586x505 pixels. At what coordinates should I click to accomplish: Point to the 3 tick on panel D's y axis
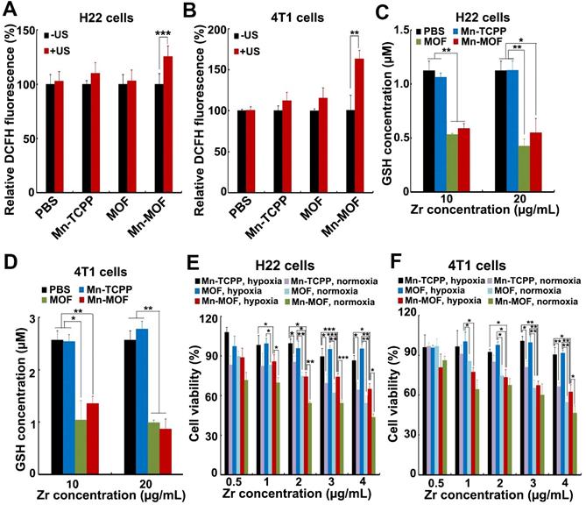(32, 318)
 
